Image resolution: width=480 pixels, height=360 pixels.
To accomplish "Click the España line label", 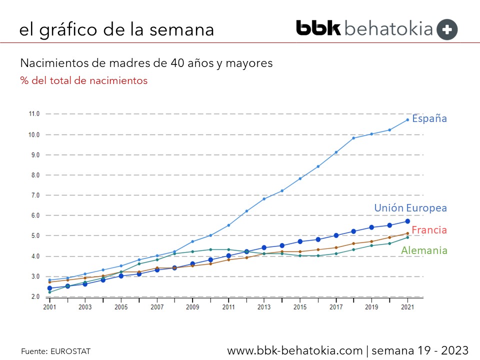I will pyautogui.click(x=429, y=119).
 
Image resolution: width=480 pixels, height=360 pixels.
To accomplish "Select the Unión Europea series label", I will pyautogui.click(x=410, y=208).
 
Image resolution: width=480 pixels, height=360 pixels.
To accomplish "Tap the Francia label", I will pyautogui.click(x=429, y=230).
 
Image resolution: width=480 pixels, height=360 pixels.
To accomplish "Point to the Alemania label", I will pyautogui.click(x=424, y=250).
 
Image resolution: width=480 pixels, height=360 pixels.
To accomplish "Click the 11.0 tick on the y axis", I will pyautogui.click(x=34, y=114).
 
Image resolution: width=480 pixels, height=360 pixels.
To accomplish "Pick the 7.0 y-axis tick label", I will pyautogui.click(x=34, y=195).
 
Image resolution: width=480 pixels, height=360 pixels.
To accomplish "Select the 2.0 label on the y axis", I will pyautogui.click(x=34, y=296).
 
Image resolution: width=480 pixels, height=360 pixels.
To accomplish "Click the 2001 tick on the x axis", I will pyautogui.click(x=49, y=307).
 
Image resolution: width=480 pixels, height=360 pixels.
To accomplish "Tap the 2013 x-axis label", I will pyautogui.click(x=264, y=307).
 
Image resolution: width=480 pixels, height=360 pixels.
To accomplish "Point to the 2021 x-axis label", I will pyautogui.click(x=407, y=307).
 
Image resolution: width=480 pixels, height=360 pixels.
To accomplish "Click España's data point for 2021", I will pyautogui.click(x=407, y=119).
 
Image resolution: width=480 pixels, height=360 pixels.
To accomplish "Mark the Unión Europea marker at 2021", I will pyautogui.click(x=407, y=221).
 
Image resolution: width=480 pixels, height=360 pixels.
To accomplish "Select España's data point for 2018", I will pyautogui.click(x=354, y=138).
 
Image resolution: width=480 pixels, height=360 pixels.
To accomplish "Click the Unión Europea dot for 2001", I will pyautogui.click(x=49, y=288).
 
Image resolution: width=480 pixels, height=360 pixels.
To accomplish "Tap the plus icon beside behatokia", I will pyautogui.click(x=447, y=29).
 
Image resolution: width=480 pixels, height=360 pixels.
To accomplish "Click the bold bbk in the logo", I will pyautogui.click(x=318, y=28).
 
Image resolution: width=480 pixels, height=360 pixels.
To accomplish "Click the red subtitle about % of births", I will pyautogui.click(x=84, y=80).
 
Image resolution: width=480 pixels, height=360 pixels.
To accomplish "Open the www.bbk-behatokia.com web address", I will pyautogui.click(x=295, y=350).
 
